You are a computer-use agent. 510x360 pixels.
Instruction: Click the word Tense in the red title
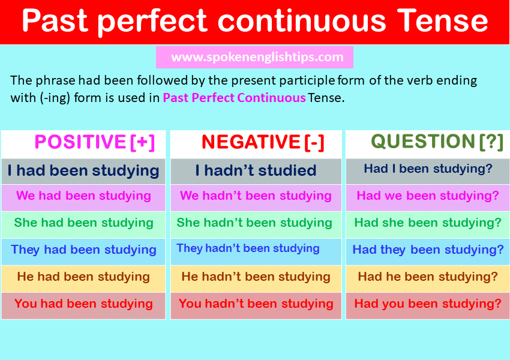pos(443,20)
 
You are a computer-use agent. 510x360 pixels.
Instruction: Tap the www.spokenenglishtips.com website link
pos(257,57)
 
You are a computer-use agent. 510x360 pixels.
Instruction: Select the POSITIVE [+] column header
pos(95,142)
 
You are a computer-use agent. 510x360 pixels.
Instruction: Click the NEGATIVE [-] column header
pos(263,142)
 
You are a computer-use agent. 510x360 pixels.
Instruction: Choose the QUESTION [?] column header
pos(437,142)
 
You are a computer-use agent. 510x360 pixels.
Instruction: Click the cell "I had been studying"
pos(83,172)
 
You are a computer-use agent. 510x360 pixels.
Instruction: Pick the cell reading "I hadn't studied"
pos(256,172)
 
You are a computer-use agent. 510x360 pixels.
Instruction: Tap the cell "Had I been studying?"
pos(428,172)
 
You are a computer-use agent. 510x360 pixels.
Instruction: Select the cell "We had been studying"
pos(83,198)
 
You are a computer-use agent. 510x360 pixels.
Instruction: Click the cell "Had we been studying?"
pos(428,198)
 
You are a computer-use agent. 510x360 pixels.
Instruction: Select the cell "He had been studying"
pos(83,278)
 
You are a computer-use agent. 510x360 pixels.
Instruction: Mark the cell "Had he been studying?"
pos(428,278)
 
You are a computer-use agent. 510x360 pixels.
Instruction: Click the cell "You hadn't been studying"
pos(256,305)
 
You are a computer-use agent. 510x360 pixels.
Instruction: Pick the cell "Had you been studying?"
pos(428,305)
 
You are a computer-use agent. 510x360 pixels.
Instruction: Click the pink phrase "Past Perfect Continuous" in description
pos(234,98)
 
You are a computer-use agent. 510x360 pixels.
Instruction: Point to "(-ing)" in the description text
pos(55,98)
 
